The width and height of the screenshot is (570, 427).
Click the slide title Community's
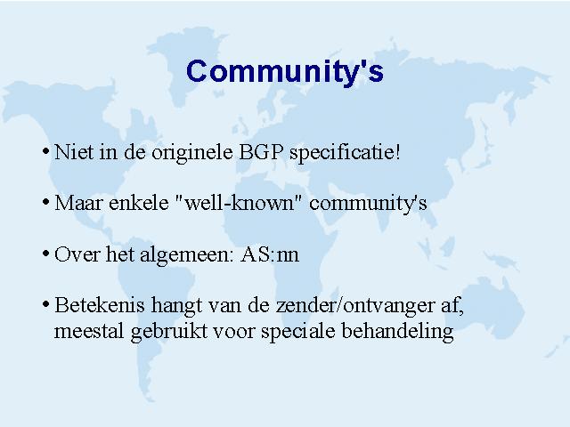click(x=285, y=71)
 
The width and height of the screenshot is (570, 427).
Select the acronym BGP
click(x=261, y=152)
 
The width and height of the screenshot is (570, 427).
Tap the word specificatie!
click(x=345, y=153)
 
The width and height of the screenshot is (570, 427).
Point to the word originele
click(x=192, y=153)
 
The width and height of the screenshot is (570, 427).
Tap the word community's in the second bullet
click(x=368, y=204)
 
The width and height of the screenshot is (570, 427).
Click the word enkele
click(x=139, y=202)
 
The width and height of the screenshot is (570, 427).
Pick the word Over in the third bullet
click(x=77, y=254)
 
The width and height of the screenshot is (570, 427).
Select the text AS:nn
click(x=270, y=254)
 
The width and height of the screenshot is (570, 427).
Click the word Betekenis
click(x=99, y=304)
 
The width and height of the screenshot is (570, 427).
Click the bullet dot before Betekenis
click(x=45, y=304)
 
